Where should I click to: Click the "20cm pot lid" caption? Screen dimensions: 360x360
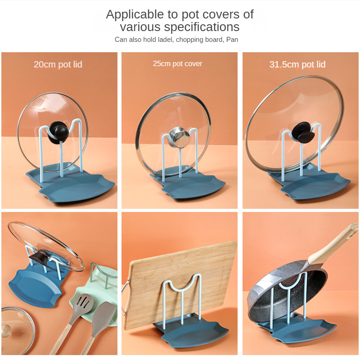[x=58, y=64]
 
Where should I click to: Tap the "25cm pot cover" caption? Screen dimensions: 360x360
[x=177, y=64]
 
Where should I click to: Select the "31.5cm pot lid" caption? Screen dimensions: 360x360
[x=297, y=64]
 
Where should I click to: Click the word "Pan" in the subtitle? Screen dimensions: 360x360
[x=232, y=40]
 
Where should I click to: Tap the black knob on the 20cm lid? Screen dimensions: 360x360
[x=60, y=131]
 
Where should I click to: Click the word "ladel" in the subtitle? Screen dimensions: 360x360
[x=165, y=40]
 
